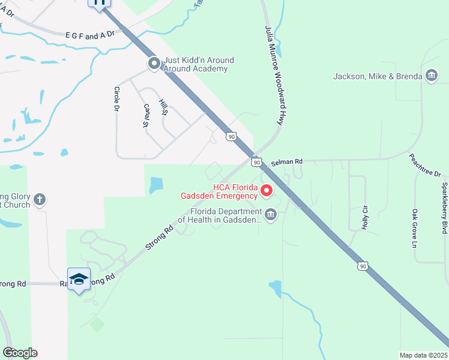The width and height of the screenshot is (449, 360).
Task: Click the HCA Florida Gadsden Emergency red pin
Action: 265,191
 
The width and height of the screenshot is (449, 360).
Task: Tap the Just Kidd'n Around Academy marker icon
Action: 154,63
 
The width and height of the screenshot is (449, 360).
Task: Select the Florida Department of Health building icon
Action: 271,214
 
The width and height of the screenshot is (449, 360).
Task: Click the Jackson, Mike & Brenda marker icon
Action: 430,76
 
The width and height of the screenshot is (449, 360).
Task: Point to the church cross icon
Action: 40,200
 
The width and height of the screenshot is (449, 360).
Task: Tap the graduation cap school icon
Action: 79,280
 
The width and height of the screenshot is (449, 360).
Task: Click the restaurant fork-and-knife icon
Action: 100,2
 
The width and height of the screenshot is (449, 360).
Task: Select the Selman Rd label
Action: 287,163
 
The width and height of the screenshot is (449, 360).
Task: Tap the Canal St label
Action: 145,116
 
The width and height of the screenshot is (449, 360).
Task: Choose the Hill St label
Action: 162,109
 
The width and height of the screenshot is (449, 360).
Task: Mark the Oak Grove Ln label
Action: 414,228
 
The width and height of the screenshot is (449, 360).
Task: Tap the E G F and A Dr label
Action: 91,36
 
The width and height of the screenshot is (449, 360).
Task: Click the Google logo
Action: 19,353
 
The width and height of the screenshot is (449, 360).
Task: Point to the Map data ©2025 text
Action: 423,355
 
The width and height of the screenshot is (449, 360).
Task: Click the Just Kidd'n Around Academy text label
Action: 198,64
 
